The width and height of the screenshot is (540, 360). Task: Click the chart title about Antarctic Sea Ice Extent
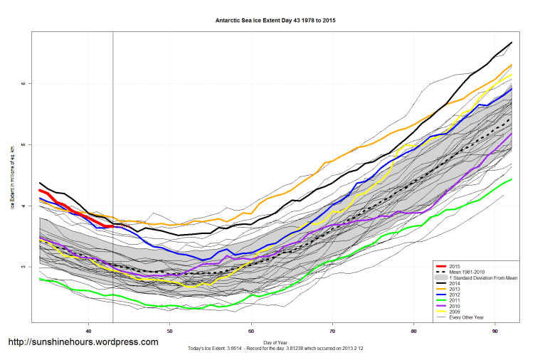pyautogui.click(x=275, y=21)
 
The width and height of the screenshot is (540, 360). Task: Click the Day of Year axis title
pyautogui.click(x=275, y=343)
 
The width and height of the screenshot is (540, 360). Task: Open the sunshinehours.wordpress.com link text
pyautogui.click(x=83, y=342)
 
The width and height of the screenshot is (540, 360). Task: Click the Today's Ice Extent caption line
pyautogui.click(x=275, y=349)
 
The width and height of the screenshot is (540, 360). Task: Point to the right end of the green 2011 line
pyautogui.click(x=512, y=179)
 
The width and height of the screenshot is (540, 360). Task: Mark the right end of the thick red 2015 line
pyautogui.click(x=113, y=226)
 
